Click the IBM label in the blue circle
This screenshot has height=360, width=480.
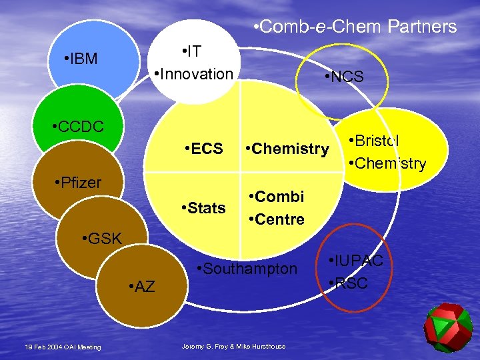click(x=83, y=59)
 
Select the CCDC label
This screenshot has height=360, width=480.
click(x=81, y=127)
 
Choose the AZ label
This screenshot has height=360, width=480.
click(x=143, y=287)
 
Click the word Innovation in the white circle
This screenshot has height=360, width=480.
click(x=195, y=73)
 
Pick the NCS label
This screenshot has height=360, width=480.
click(x=345, y=77)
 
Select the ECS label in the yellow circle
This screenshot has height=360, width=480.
click(x=206, y=148)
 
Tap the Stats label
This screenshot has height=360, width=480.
click(x=206, y=208)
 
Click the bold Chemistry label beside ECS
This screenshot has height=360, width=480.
click(x=290, y=148)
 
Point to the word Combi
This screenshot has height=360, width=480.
click(x=279, y=197)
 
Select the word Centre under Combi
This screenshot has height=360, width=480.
click(x=279, y=219)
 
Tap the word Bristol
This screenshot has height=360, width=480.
click(x=377, y=141)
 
